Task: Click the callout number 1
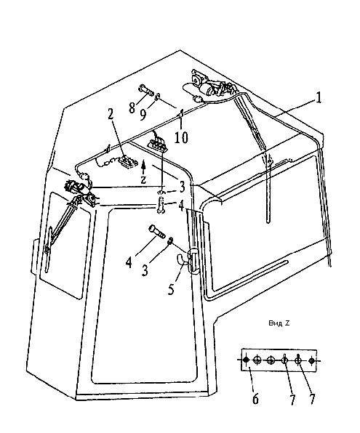click(319, 98)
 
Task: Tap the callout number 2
click(111, 114)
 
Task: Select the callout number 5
click(171, 289)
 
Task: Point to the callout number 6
click(255, 399)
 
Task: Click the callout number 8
click(132, 108)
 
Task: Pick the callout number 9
click(143, 115)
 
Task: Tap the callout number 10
click(181, 137)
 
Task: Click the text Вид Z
click(279, 323)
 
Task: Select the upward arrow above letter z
click(143, 167)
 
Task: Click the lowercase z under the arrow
click(143, 179)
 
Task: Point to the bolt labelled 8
click(145, 90)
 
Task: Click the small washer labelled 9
click(158, 97)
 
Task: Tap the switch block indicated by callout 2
click(127, 161)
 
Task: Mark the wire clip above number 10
click(181, 113)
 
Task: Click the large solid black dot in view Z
click(246, 360)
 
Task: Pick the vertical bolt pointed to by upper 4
click(161, 205)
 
